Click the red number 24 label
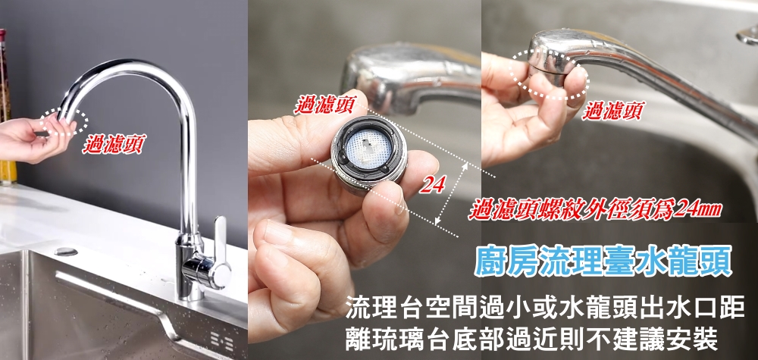tap(432, 184)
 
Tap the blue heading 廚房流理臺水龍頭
tap(603, 261)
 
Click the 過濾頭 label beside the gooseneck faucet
tap(114, 144)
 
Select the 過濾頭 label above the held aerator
tap(325, 105)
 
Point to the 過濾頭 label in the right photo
tap(612, 111)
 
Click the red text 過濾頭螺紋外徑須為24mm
tap(594, 210)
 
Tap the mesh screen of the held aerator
tap(369, 147)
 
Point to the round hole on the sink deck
tap(66, 252)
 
